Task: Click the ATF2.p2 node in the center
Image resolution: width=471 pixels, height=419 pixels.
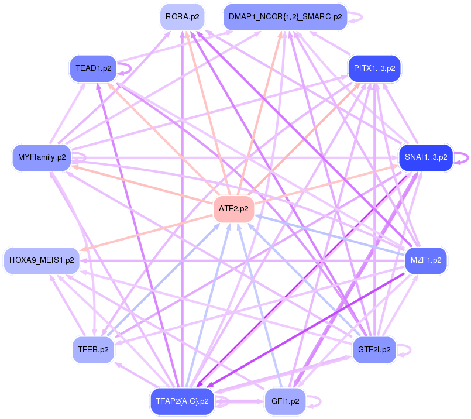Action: coord(233,208)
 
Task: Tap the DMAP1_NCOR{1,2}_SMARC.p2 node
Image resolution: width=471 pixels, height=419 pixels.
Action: coord(286,18)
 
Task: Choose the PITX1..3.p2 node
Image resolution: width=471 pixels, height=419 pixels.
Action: coord(374,68)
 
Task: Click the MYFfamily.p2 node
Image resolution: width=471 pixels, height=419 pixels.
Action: coord(42,157)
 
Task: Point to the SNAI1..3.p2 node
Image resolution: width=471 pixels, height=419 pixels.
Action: coord(426,157)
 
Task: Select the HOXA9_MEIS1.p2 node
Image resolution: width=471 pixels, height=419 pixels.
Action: coord(42,260)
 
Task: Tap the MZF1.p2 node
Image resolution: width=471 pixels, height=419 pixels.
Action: coord(426,260)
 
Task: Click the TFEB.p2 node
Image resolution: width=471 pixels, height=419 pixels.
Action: coord(93,350)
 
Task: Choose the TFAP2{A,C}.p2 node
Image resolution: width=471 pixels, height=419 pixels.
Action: coord(182,401)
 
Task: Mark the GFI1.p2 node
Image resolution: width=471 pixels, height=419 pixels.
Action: coord(286,401)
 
